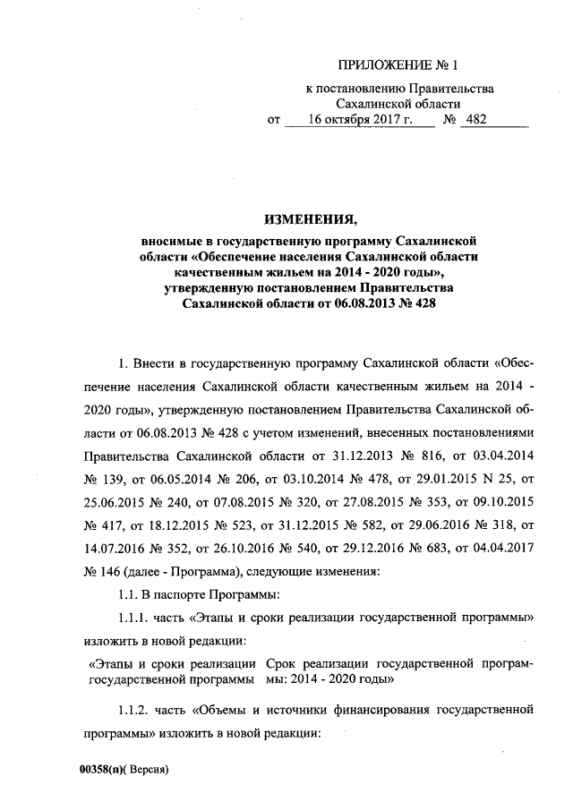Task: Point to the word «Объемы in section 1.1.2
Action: [x=220, y=712]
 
